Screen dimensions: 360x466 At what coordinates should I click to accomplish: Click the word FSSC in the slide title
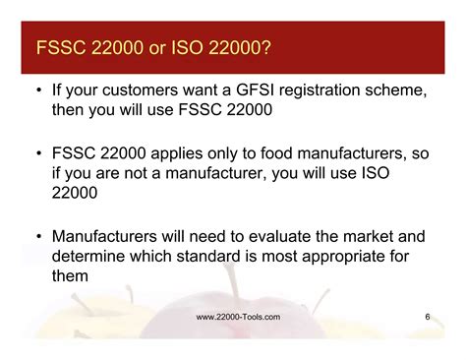[61, 48]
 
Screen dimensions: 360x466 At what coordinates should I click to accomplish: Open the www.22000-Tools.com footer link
[239, 316]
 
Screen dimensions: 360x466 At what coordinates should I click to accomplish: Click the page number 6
[428, 316]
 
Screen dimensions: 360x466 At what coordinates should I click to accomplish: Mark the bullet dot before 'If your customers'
[37, 91]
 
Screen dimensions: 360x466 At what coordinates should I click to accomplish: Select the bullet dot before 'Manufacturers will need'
[37, 237]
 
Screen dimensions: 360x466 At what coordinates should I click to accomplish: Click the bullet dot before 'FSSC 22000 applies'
[37, 154]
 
